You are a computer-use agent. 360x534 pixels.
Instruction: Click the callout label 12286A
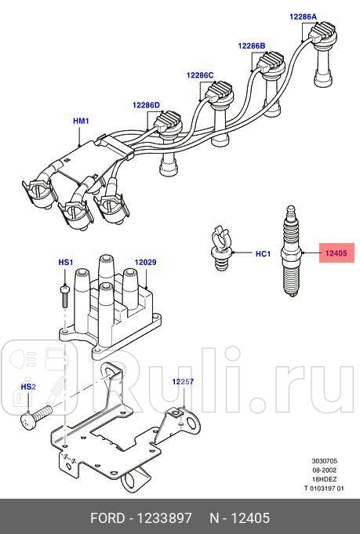303,16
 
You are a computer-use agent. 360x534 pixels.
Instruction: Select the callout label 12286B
252,46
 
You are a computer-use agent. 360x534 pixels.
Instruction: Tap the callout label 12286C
200,75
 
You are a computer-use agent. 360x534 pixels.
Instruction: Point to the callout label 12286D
146,105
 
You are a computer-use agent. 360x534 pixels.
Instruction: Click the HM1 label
82,121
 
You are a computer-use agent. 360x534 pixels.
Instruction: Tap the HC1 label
264,254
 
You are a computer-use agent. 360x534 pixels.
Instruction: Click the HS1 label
66,261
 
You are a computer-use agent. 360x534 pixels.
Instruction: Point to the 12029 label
146,261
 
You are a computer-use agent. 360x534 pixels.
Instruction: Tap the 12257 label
184,381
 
